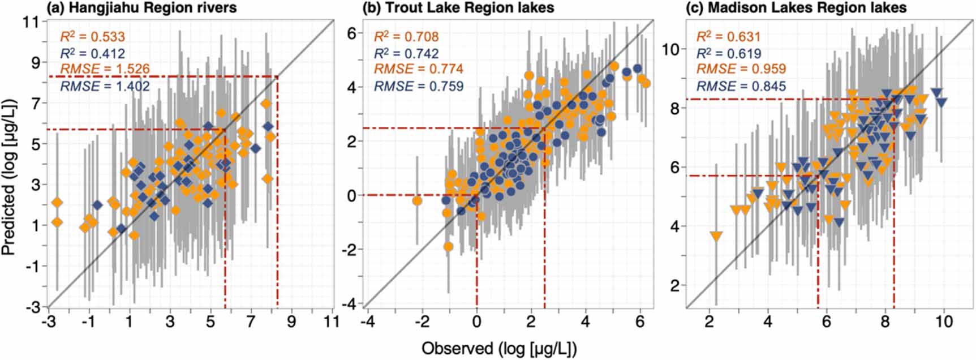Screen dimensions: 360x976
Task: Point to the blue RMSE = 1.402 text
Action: [x=105, y=86]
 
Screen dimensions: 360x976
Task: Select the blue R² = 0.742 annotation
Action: [x=406, y=53]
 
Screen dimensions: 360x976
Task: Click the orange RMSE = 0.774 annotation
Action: [x=418, y=69]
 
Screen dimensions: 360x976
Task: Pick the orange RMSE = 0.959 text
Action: [x=741, y=69]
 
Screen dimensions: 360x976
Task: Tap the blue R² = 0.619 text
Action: [x=728, y=53]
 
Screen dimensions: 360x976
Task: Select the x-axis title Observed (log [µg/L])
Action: [x=499, y=348]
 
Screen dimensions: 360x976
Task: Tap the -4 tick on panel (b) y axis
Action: [x=351, y=304]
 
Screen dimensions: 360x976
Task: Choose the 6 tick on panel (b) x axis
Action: [x=640, y=322]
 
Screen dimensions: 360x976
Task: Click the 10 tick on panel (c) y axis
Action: [x=670, y=49]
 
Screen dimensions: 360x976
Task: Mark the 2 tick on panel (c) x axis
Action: [x=709, y=322]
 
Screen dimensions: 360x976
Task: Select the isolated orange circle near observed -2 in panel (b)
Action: [x=418, y=200]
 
